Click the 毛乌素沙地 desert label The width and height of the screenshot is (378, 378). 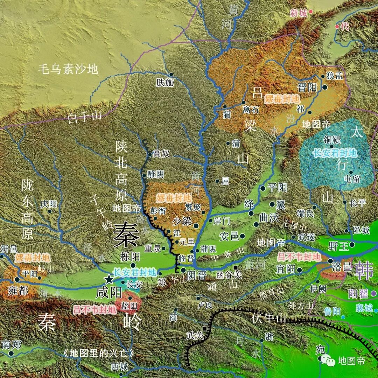[x=68, y=69]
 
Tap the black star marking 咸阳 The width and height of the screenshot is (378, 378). [x=109, y=279]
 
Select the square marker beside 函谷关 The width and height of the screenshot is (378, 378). [x=236, y=268]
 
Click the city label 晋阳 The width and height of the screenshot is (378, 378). [x=307, y=87]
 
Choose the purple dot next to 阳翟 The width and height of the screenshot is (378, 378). [x=374, y=293]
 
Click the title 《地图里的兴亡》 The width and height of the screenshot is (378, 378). [x=98, y=353]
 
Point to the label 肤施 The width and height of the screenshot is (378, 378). [x=165, y=83]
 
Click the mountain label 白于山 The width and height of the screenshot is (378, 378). [x=84, y=117]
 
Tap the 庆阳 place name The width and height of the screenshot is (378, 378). [x=48, y=204]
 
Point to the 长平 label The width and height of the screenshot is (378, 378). [x=357, y=203]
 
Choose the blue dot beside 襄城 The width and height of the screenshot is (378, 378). [x=376, y=310]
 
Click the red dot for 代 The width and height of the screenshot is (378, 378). [x=337, y=26]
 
